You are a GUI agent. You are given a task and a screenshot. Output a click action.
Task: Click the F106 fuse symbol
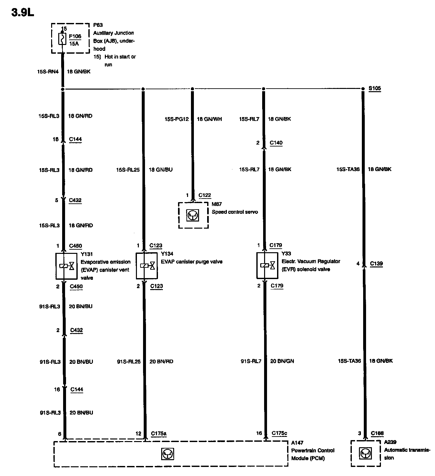coord(62,39)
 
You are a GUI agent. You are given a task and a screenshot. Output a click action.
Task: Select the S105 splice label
coord(375,88)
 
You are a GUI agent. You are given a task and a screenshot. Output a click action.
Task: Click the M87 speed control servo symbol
coord(193,215)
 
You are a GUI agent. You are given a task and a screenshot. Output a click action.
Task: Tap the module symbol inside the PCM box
coord(168,454)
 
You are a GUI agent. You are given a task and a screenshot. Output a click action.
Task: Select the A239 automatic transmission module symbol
coord(365,454)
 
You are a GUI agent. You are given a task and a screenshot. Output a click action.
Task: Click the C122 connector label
coord(205,195)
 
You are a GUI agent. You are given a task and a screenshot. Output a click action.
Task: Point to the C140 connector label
coord(276,143)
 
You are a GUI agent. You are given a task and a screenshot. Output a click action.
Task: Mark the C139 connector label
coord(376,264)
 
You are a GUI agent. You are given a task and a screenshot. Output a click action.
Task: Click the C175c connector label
coord(279,433)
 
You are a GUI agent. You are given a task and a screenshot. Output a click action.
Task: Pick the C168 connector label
coord(377,433)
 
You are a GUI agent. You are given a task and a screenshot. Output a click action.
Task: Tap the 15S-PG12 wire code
coord(177,119)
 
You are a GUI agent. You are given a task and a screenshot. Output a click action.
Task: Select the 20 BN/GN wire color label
coord(282,361)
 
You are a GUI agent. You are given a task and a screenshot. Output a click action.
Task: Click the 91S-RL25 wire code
coord(128,361)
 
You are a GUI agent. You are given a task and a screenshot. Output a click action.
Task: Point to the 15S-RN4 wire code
coord(48,71)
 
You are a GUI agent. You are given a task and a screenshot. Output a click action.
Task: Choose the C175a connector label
coord(159,434)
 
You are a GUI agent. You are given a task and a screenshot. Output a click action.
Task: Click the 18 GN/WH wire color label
coord(209,119)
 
